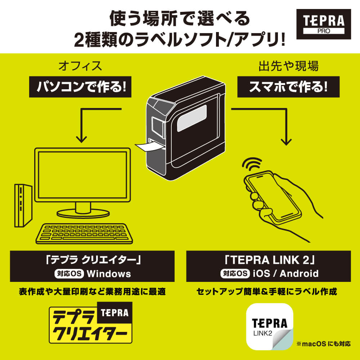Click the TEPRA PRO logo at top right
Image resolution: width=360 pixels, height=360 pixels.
point(323,24)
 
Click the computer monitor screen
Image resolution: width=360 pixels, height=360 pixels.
point(82,174)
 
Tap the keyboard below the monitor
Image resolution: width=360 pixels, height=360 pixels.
point(85,233)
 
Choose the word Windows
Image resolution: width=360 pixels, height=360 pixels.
point(109,274)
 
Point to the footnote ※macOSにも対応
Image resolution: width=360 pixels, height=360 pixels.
point(323,344)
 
